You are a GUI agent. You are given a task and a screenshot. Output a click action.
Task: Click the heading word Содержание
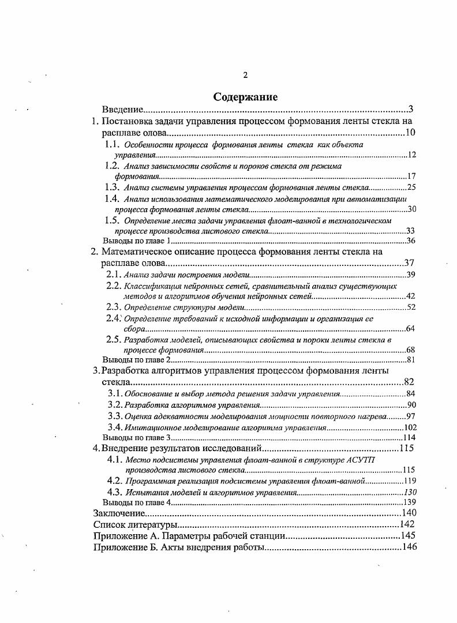(245, 96)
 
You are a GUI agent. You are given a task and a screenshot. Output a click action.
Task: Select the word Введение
(122, 110)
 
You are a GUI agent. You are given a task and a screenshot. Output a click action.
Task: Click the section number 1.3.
(112, 187)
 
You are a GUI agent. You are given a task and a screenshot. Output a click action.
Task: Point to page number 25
(411, 187)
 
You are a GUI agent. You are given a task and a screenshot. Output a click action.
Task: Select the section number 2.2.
(113, 286)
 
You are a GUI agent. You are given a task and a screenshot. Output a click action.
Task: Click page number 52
(411, 307)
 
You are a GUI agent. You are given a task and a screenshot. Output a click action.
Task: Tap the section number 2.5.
(113, 340)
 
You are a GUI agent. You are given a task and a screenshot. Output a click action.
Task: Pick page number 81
(411, 360)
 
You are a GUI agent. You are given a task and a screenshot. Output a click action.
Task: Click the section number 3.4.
(115, 427)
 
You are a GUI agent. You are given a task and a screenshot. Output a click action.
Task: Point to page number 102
(410, 427)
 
